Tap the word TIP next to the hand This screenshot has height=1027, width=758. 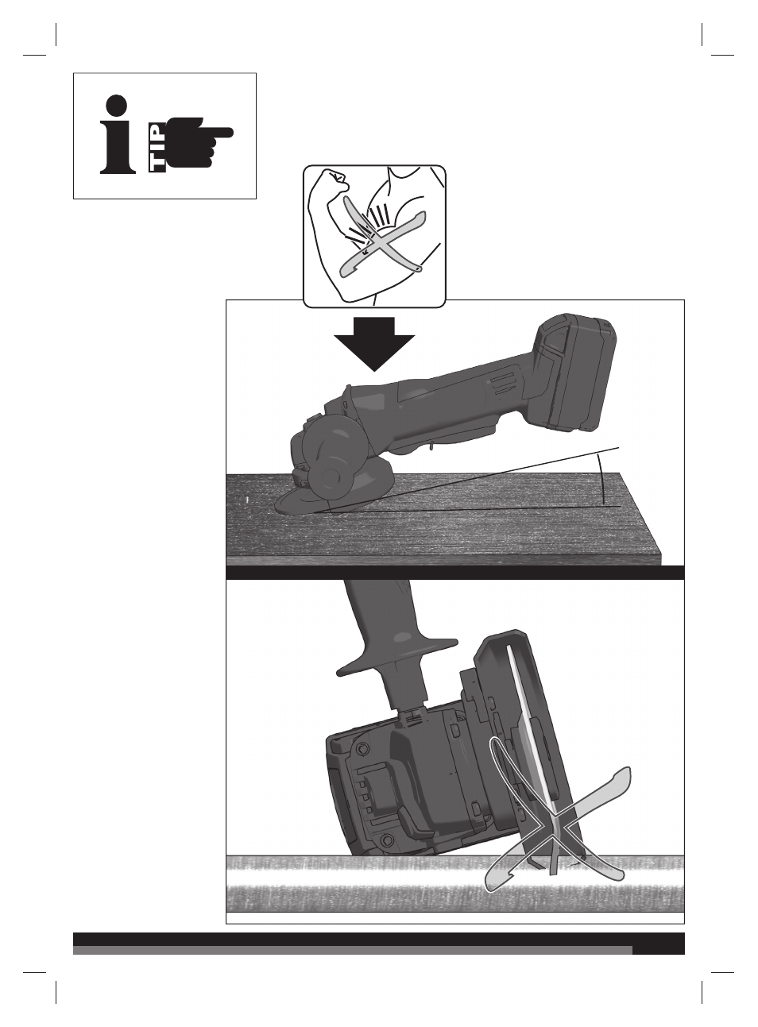tap(157, 148)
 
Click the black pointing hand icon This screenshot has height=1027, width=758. tap(199, 142)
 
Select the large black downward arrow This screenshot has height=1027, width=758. tap(374, 344)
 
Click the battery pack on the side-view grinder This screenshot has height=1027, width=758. tap(574, 369)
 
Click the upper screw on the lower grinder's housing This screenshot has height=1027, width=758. tap(362, 748)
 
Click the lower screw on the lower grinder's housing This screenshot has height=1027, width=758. tap(384, 851)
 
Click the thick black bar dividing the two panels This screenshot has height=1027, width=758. tap(455, 573)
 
